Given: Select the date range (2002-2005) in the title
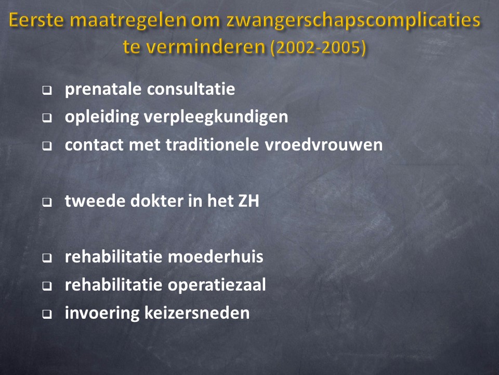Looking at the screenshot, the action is coord(318,47).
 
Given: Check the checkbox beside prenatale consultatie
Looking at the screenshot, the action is coord(47,91).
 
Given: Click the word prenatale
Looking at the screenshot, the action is coord(103,89).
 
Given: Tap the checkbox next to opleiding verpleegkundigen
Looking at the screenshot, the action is coord(47,119).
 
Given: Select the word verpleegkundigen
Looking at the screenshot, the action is coord(216,117).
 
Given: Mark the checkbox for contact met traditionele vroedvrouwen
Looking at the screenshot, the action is coord(47,146).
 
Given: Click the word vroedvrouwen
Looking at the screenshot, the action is coord(324,144).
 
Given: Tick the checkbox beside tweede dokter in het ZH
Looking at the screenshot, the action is coord(47,203).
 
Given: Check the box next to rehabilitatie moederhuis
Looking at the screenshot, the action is coord(47,258).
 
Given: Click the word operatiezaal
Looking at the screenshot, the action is coord(217,285).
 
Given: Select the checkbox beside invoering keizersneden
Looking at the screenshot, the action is coord(47,315).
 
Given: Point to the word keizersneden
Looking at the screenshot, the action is coord(197,313).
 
